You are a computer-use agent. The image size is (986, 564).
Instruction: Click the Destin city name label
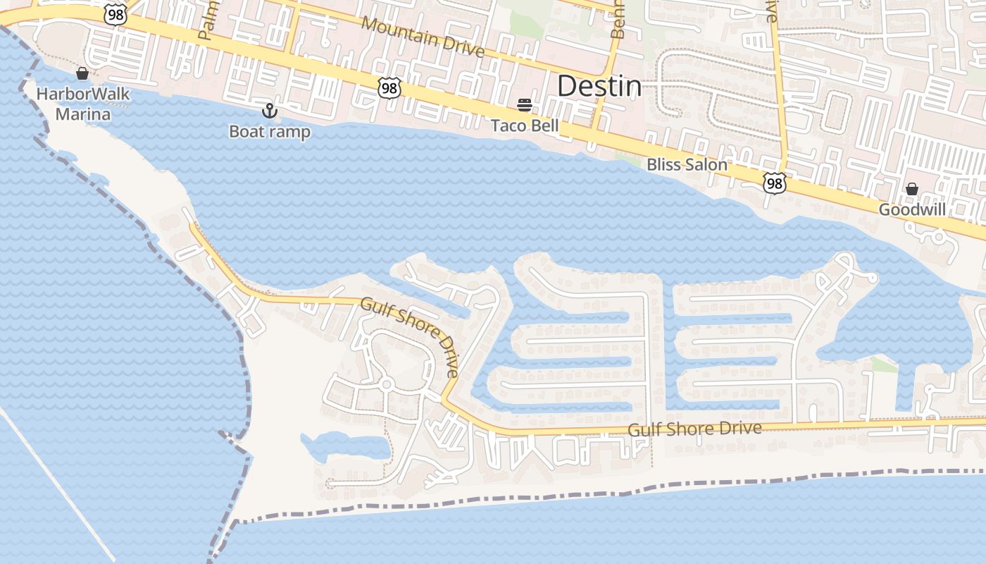(599, 87)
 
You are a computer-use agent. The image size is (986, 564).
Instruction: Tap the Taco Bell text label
(525, 126)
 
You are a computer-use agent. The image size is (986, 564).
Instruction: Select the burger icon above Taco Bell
(524, 106)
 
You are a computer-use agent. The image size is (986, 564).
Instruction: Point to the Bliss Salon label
(687, 165)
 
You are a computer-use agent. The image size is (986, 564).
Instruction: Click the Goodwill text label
(912, 210)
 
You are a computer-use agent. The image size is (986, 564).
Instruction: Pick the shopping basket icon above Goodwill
(912, 189)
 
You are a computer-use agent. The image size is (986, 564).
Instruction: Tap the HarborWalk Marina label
(73, 104)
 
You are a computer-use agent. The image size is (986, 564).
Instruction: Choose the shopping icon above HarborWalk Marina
(82, 73)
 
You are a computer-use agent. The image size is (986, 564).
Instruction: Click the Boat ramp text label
(270, 132)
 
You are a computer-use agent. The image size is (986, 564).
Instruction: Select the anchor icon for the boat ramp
(269, 111)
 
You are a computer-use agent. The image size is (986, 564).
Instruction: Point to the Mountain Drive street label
(423, 36)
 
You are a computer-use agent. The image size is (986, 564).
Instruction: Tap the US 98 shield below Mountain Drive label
(389, 88)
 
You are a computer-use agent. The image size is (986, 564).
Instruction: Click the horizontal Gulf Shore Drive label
(694, 429)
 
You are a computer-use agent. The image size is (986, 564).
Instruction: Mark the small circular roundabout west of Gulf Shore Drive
(386, 385)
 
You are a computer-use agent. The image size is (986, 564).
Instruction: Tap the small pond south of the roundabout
(345, 446)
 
